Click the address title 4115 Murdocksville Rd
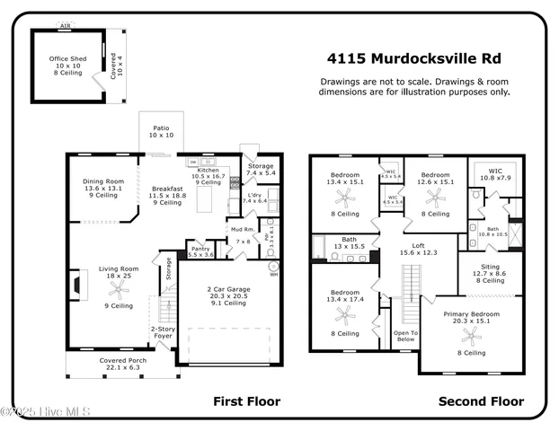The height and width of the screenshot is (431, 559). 414,59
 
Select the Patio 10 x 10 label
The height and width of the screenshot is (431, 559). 161,130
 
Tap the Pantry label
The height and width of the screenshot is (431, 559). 200,248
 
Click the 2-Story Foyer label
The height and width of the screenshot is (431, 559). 163,333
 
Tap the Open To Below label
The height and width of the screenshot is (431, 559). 405,336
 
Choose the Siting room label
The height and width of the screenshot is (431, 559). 490,268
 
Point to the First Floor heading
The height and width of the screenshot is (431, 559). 246,401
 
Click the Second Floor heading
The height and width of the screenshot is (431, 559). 481,401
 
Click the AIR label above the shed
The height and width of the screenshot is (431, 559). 65,26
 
